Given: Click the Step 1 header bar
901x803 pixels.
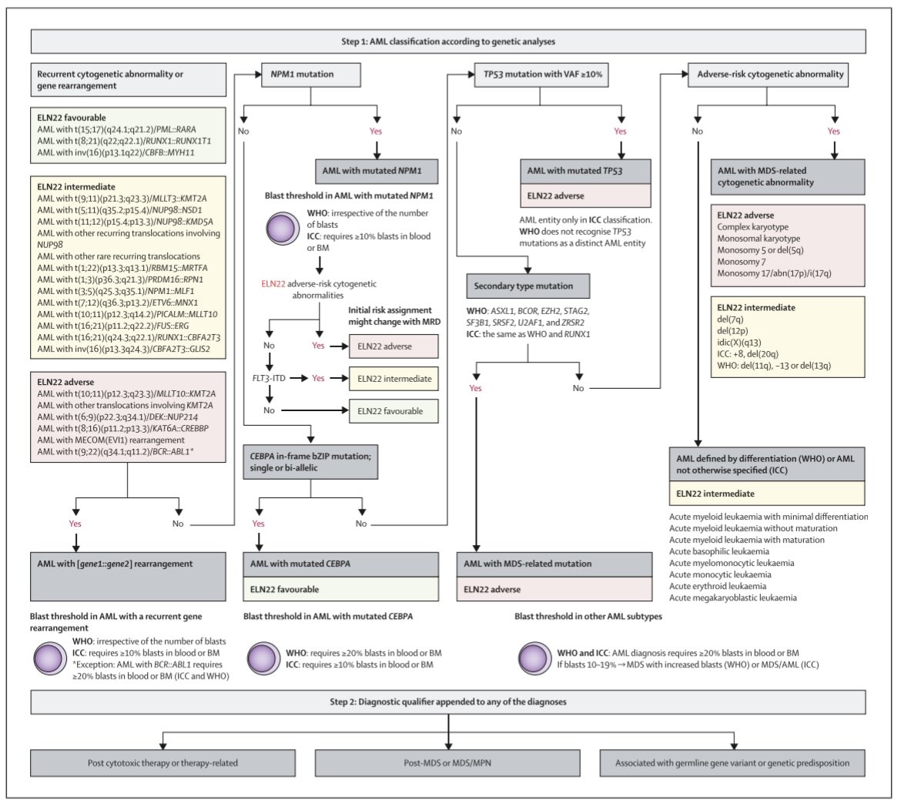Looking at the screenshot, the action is tap(448, 42).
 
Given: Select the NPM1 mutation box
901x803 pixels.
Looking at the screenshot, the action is tap(311, 75).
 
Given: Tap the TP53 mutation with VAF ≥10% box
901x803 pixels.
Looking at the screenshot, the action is tap(542, 75).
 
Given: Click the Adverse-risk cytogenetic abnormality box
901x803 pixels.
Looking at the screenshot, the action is tap(768, 75).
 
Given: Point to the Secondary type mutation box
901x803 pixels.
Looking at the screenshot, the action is tap(528, 286).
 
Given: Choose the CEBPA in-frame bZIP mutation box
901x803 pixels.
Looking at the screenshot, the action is tap(310, 462).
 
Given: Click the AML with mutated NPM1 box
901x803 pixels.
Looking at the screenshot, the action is tap(377, 171).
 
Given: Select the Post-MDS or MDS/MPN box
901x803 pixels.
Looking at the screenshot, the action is tap(447, 763).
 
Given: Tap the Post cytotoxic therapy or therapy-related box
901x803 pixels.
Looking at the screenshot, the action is tap(162, 763).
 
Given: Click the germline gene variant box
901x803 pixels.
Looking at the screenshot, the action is tap(732, 763).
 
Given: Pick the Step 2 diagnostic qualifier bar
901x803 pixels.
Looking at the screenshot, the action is tap(448, 702).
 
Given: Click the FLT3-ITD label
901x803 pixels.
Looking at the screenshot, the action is tap(269, 379).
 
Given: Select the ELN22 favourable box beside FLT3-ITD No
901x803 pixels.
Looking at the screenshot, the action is tap(394, 411).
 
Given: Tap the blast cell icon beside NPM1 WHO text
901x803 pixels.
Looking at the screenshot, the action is tap(283, 229).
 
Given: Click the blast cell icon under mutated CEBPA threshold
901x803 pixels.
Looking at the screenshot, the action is tap(263, 658).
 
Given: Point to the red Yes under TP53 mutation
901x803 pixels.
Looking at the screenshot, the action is tap(620, 132).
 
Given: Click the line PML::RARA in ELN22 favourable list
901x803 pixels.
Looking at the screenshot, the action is tap(116, 129).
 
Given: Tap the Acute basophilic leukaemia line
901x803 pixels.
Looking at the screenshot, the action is tap(718, 551).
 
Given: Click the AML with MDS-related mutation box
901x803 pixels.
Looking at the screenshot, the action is tap(554, 564).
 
